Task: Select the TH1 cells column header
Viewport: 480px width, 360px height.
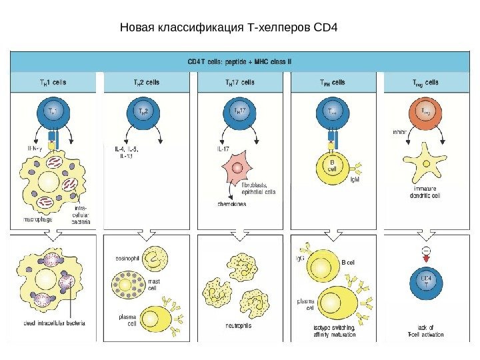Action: click(53, 83)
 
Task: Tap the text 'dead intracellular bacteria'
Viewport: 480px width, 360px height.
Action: click(53, 323)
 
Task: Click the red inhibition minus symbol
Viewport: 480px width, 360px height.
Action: click(425, 251)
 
